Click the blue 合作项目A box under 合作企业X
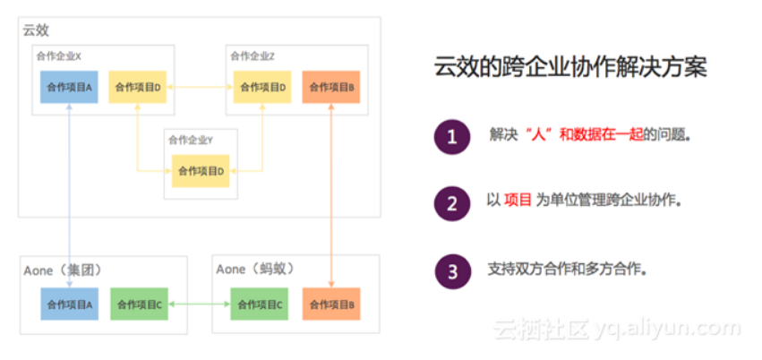coord(69,87)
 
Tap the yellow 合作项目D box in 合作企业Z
coord(262,87)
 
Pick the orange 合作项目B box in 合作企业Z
coord(332,87)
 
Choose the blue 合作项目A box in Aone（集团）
coord(69,304)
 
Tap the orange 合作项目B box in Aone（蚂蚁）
coord(331,304)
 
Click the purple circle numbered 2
coord(452,202)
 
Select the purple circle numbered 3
coord(452,269)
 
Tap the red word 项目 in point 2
coord(518,201)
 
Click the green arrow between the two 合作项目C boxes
coord(198,304)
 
